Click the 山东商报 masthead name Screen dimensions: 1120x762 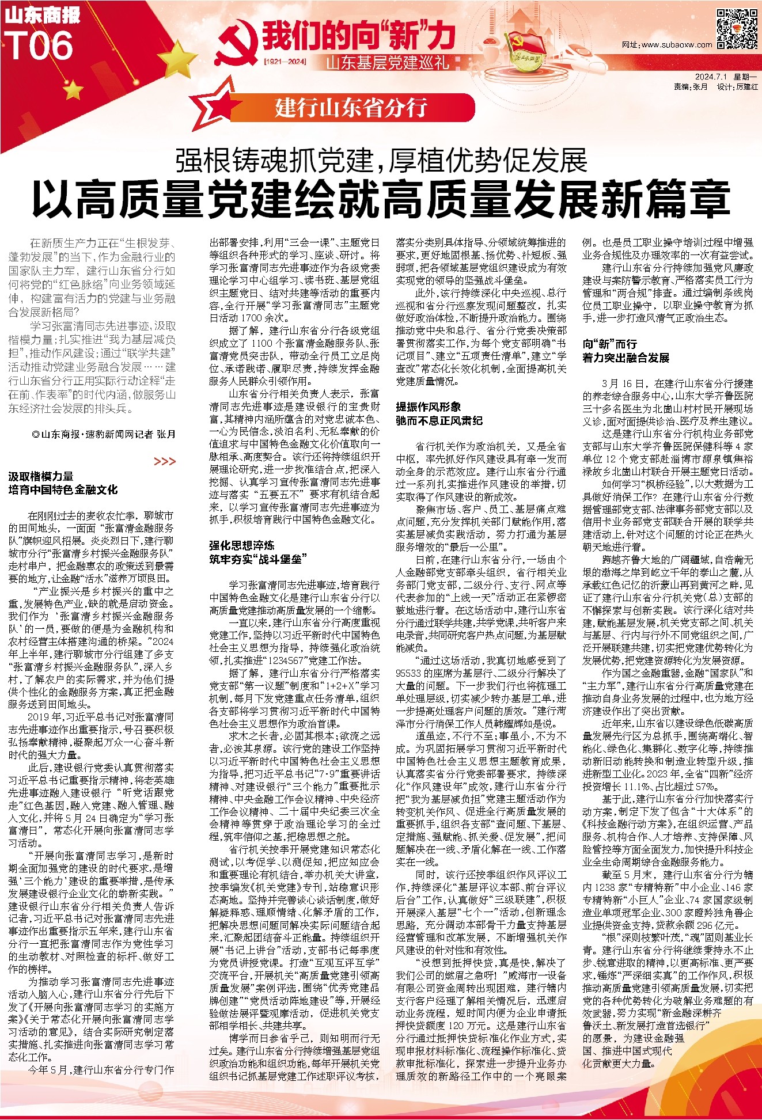(x=42, y=16)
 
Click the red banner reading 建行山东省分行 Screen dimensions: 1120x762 (x=351, y=108)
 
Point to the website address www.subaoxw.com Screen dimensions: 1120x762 (x=667, y=45)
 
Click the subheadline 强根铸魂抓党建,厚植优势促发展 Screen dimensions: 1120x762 (x=381, y=161)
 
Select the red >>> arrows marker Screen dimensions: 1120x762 (x=165, y=461)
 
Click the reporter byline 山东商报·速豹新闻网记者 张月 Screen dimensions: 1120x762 (x=104, y=434)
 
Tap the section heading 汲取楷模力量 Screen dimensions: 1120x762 (x=41, y=476)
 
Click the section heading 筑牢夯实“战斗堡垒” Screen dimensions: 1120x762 (x=258, y=559)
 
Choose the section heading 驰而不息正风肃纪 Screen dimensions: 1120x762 (x=439, y=420)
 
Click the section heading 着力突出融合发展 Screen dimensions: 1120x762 (x=625, y=358)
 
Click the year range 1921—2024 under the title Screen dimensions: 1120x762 (x=285, y=61)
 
